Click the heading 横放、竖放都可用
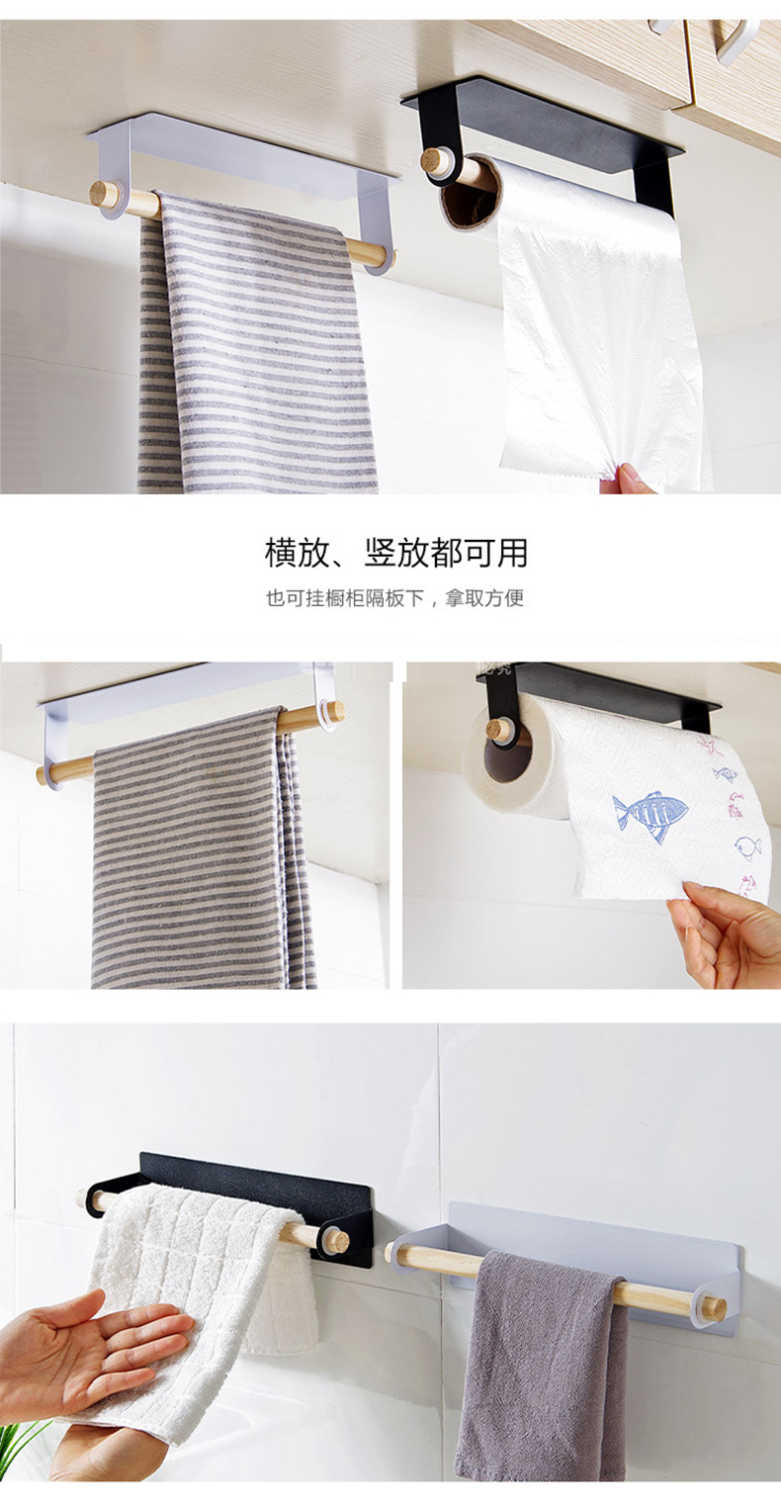tap(396, 553)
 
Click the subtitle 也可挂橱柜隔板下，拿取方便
tap(394, 597)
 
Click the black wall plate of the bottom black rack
tap(256, 1191)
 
